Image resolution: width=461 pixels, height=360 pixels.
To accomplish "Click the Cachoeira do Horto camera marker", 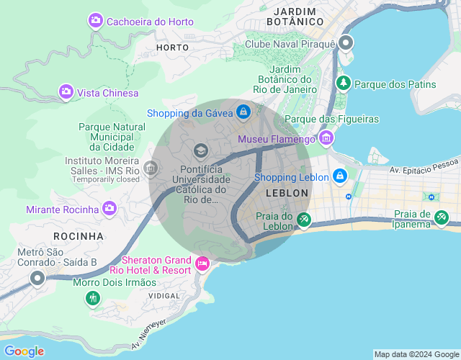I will pyautogui.click(x=96, y=21).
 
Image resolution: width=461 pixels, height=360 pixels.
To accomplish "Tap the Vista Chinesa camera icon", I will pyautogui.click(x=66, y=92).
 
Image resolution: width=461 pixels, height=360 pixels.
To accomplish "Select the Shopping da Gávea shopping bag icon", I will pyautogui.click(x=244, y=112).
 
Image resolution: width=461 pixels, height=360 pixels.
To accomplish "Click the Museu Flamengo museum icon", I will pyautogui.click(x=326, y=138).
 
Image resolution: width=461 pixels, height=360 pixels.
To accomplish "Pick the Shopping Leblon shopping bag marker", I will pyautogui.click(x=339, y=176).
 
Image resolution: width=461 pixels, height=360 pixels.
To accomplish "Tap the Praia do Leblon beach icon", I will pyautogui.click(x=305, y=220).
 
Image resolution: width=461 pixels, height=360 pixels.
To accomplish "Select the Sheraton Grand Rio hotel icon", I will pyautogui.click(x=202, y=264).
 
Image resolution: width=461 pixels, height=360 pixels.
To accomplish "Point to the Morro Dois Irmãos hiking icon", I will pyautogui.click(x=92, y=297).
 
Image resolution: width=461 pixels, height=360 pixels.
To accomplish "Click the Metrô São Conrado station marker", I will pyautogui.click(x=37, y=277).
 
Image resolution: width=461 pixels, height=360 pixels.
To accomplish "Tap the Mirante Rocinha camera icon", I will pyautogui.click(x=109, y=209).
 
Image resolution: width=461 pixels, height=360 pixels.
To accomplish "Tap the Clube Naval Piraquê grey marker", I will pyautogui.click(x=346, y=43).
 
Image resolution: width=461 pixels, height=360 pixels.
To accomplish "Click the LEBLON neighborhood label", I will pyautogui.click(x=287, y=194).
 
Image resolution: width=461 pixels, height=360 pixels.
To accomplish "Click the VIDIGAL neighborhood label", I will pyautogui.click(x=163, y=296).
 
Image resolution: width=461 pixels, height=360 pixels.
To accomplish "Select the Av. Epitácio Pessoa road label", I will pyautogui.click(x=424, y=171).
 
